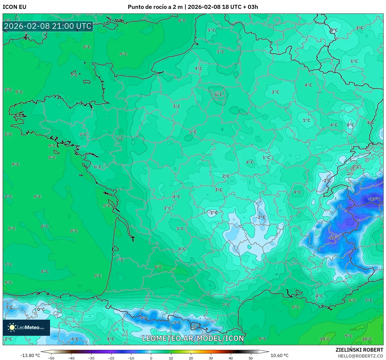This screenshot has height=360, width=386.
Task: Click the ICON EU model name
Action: (x=15, y=7)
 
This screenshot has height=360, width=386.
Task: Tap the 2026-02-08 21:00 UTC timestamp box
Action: (x=48, y=26)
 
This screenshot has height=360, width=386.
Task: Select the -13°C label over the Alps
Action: (x=374, y=199)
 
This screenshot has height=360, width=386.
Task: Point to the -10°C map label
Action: (x=334, y=238)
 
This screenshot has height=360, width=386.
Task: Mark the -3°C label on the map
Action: (x=8, y=307)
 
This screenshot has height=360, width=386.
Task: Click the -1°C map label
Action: (x=213, y=213)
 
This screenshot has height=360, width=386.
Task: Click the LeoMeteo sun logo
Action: (x=12, y=327)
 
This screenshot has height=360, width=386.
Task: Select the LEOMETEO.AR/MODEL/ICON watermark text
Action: (x=193, y=338)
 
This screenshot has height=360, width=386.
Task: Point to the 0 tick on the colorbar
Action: (x=151, y=358)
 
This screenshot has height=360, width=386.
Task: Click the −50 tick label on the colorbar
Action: (x=51, y=358)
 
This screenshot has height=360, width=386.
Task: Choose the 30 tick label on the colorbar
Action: (x=211, y=358)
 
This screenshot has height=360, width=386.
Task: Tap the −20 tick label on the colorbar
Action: (x=111, y=358)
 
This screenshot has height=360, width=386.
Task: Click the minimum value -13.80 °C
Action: (x=30, y=355)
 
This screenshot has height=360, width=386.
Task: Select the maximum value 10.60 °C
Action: (x=279, y=355)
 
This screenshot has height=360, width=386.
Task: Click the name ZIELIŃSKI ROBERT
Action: (x=359, y=350)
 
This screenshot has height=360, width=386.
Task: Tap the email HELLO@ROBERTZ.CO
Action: (x=360, y=356)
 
